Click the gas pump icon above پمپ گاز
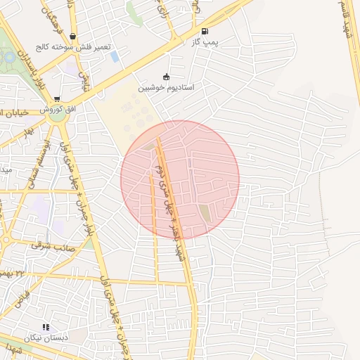[x=205, y=31]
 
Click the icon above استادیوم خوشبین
[x=166, y=77]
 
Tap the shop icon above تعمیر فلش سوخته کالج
[x=73, y=37]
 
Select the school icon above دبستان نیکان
[x=46, y=327]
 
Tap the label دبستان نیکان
[x=45, y=337]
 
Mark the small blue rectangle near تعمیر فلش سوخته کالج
[x=115, y=56]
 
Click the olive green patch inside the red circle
[x=205, y=212]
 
